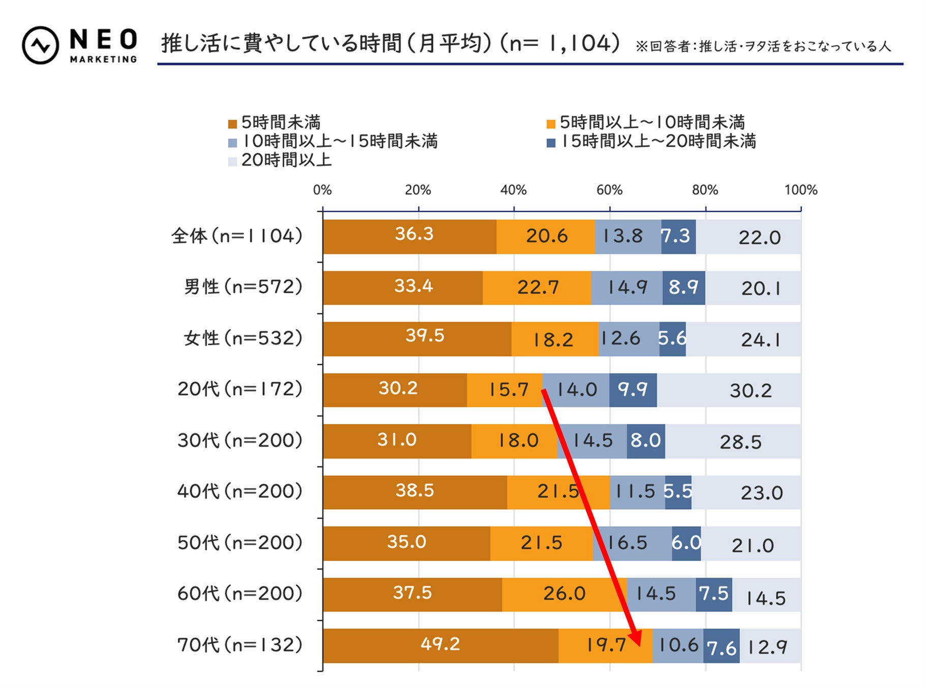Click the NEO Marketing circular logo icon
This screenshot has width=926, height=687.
(x=40, y=45)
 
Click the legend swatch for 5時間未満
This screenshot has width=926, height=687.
(x=232, y=124)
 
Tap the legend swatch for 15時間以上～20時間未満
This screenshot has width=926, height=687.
(x=551, y=142)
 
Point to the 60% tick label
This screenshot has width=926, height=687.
(x=609, y=190)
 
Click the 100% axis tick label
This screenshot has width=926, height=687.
(x=800, y=190)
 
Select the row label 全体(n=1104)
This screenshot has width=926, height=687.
(x=237, y=236)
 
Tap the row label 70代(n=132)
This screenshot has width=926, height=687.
(x=240, y=645)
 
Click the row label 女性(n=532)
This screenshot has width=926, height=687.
(x=243, y=338)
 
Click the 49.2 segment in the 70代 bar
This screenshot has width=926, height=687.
(x=440, y=645)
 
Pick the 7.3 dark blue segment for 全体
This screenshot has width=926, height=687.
(x=678, y=236)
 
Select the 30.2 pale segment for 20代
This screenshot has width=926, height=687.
(x=751, y=390)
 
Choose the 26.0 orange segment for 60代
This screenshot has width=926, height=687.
(x=564, y=594)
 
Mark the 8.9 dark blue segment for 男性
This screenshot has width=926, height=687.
(x=683, y=288)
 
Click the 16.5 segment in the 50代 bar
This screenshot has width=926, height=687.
(x=632, y=543)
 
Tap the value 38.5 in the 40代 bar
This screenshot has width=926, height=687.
(x=414, y=491)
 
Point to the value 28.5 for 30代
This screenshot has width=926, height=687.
(x=740, y=442)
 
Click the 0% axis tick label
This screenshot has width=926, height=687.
(x=322, y=190)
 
